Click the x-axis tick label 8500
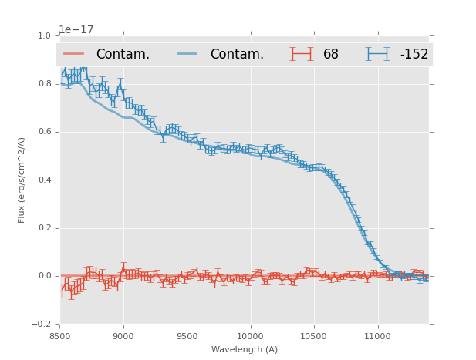coord(59,336)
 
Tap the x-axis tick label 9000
coord(123,336)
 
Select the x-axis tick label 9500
coord(187,336)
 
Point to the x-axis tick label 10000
coord(251,336)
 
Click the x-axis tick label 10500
coord(314,336)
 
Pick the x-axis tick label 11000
coord(378,336)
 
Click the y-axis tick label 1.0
coord(44,35)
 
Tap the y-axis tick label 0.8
coord(44,83)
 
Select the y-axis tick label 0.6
coord(44,132)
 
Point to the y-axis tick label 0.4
coord(44,180)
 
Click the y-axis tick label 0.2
coord(44,228)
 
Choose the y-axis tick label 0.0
coord(44,276)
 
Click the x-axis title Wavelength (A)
coord(245,349)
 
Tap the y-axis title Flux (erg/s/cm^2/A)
coord(22,180)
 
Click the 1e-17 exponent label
coord(76,29)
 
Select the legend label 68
coord(331,54)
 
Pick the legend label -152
coord(414,54)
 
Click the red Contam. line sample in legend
coord(75,54)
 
